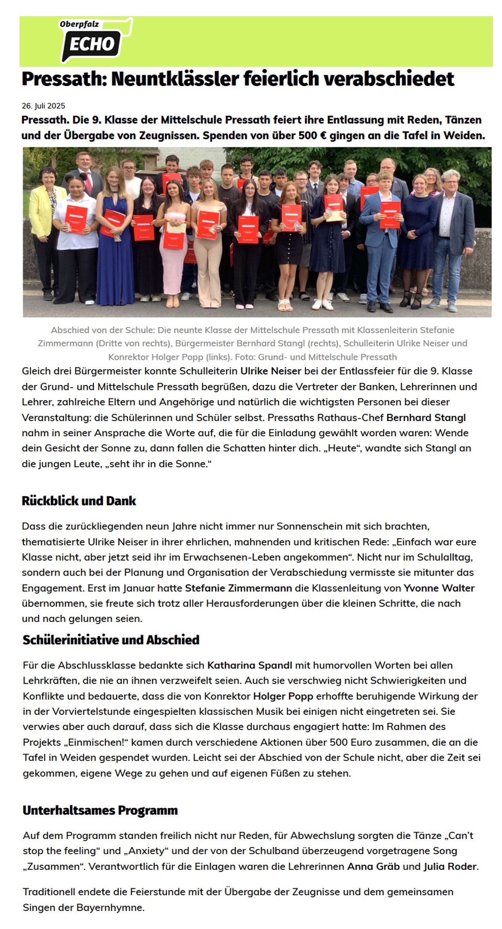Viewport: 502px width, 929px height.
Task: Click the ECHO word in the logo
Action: [92, 45]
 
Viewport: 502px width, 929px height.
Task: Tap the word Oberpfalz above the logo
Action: [79, 24]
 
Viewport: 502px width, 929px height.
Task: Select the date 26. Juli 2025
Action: [43, 106]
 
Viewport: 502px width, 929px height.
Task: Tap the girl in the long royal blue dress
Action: [115, 240]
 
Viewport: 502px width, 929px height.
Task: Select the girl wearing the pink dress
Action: [173, 240]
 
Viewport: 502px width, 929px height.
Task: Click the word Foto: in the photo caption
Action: [246, 357]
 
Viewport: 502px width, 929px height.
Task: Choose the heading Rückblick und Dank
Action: [79, 501]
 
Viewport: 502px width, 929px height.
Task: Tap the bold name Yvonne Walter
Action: [439, 588]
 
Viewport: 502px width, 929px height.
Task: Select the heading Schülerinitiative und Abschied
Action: [111, 640]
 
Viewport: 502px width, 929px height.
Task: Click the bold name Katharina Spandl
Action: [249, 665]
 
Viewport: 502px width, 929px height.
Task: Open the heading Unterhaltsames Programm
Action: [100, 810]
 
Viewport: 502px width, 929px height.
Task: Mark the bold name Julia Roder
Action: [450, 866]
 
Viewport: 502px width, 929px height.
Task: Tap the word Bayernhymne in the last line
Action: [110, 907]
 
